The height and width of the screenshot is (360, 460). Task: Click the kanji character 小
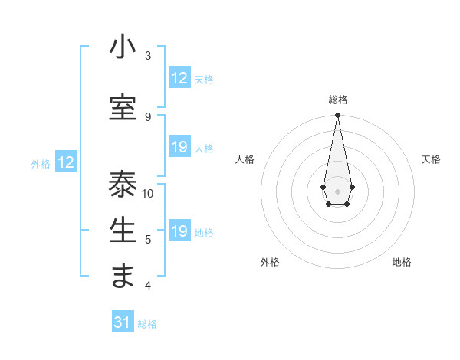click(x=123, y=48)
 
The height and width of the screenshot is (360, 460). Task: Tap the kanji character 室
click(x=123, y=108)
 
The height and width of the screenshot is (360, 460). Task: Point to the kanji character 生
click(x=123, y=230)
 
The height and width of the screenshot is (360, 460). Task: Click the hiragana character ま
click(x=123, y=277)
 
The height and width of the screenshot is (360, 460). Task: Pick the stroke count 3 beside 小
click(x=147, y=55)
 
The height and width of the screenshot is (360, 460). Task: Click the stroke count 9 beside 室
click(x=147, y=116)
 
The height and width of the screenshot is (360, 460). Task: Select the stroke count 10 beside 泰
click(x=148, y=193)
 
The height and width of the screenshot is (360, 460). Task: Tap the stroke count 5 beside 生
click(x=147, y=240)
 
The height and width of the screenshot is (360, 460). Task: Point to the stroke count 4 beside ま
click(x=147, y=286)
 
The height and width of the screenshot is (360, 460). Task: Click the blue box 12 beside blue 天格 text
click(x=179, y=78)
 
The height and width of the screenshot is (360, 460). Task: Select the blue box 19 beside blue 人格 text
click(x=179, y=148)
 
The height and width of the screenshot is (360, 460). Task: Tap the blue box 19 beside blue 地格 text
click(x=179, y=231)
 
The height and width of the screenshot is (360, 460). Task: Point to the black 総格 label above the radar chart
click(x=338, y=100)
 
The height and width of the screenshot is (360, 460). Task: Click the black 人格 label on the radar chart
click(x=245, y=159)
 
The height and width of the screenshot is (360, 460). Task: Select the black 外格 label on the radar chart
click(x=269, y=262)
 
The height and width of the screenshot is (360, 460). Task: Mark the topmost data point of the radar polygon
click(x=337, y=116)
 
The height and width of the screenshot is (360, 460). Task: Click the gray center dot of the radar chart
click(x=337, y=190)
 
